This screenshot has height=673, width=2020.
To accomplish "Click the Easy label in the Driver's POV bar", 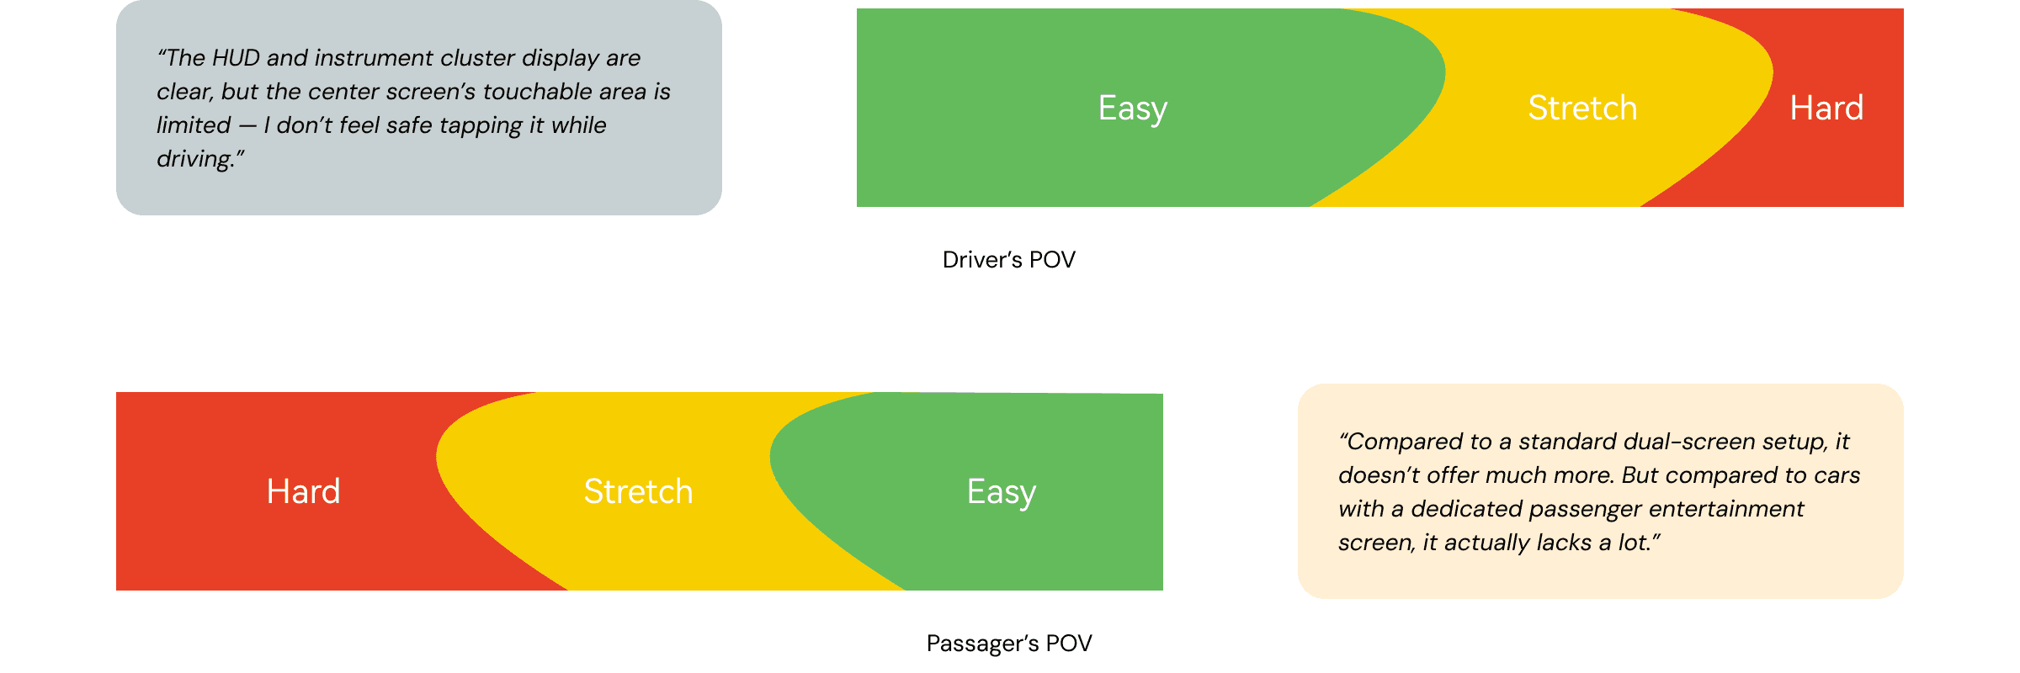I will click(1132, 109).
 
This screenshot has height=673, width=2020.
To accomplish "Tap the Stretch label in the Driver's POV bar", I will click(1582, 109).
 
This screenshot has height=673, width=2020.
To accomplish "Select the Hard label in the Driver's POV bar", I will click(1826, 109).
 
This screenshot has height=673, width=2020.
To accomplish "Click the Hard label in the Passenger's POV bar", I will click(303, 492).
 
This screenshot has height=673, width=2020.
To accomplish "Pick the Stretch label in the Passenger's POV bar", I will click(638, 492).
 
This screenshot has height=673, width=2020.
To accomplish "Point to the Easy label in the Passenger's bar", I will click(1001, 492).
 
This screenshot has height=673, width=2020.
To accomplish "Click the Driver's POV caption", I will click(1008, 260).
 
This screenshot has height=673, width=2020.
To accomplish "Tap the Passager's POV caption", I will click(1008, 644).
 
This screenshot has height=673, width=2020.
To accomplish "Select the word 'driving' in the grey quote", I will click(194, 159).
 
